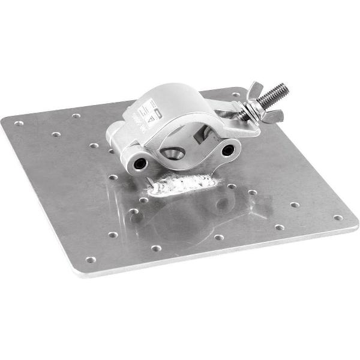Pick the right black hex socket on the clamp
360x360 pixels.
[228, 150]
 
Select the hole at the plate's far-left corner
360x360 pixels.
[19, 123]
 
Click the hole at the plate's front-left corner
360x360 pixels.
[90, 260]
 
